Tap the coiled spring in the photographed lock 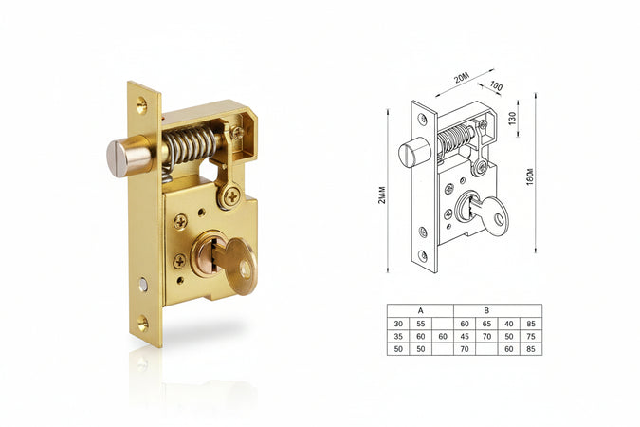pos(190,145)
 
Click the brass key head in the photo pos(242,266)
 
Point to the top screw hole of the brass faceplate pos(141,105)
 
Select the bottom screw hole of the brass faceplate pos(142,323)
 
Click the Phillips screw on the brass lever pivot pos(232,197)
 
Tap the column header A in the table pos(420,310)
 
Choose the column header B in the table pos(486,310)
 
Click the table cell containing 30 pos(398,324)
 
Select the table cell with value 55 pos(420,324)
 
